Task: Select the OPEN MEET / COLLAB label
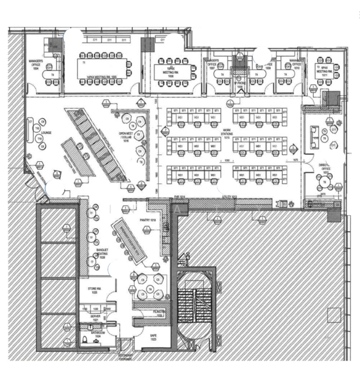(127, 140)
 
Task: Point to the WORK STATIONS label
(227, 132)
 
